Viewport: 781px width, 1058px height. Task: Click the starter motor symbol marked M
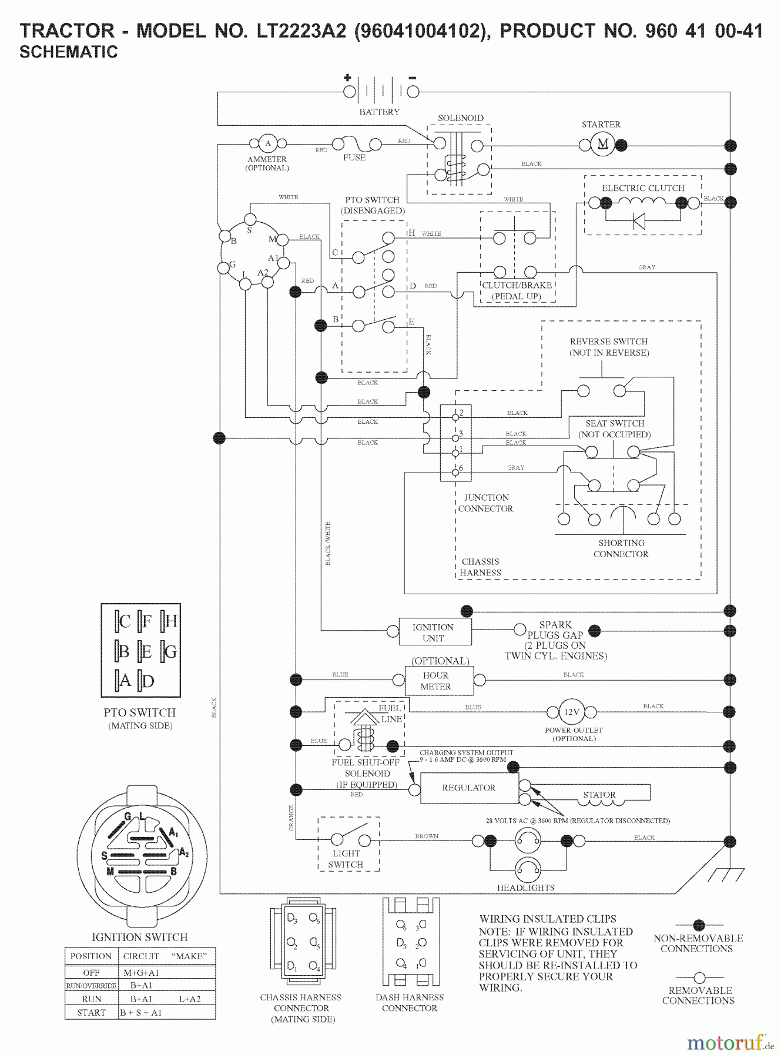click(602, 145)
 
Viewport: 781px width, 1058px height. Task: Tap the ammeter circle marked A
click(268, 143)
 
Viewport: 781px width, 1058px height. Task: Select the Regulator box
click(469, 788)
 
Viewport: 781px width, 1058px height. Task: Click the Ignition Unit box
click(434, 632)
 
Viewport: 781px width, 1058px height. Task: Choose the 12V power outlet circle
click(572, 712)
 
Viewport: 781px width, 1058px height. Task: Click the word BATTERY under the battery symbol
click(380, 112)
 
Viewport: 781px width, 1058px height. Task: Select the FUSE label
click(354, 158)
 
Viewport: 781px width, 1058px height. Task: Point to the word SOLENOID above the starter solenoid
click(461, 118)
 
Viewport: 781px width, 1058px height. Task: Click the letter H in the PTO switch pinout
click(171, 621)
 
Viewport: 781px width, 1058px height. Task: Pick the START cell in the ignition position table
click(91, 1012)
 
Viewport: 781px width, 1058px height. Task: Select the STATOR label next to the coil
click(599, 795)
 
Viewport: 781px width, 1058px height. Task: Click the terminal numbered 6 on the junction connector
click(455, 472)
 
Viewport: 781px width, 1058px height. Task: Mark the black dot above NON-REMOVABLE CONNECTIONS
click(699, 926)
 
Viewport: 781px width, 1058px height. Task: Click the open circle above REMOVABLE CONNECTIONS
click(699, 978)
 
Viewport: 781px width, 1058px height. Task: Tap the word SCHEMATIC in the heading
click(69, 52)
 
